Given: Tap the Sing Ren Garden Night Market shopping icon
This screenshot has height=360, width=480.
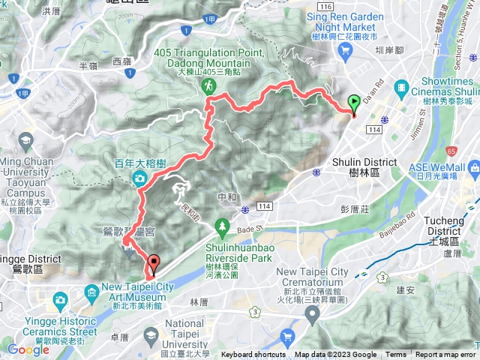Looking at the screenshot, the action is (345, 49).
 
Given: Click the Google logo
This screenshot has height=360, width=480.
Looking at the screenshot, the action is (28, 349).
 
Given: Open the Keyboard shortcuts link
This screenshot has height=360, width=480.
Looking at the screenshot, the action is (253, 355).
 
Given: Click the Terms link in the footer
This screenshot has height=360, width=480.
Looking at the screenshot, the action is (396, 355).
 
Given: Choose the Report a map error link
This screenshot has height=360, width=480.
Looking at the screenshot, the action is (445, 355).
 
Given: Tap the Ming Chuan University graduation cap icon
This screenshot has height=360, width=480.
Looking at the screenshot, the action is (26, 141).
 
